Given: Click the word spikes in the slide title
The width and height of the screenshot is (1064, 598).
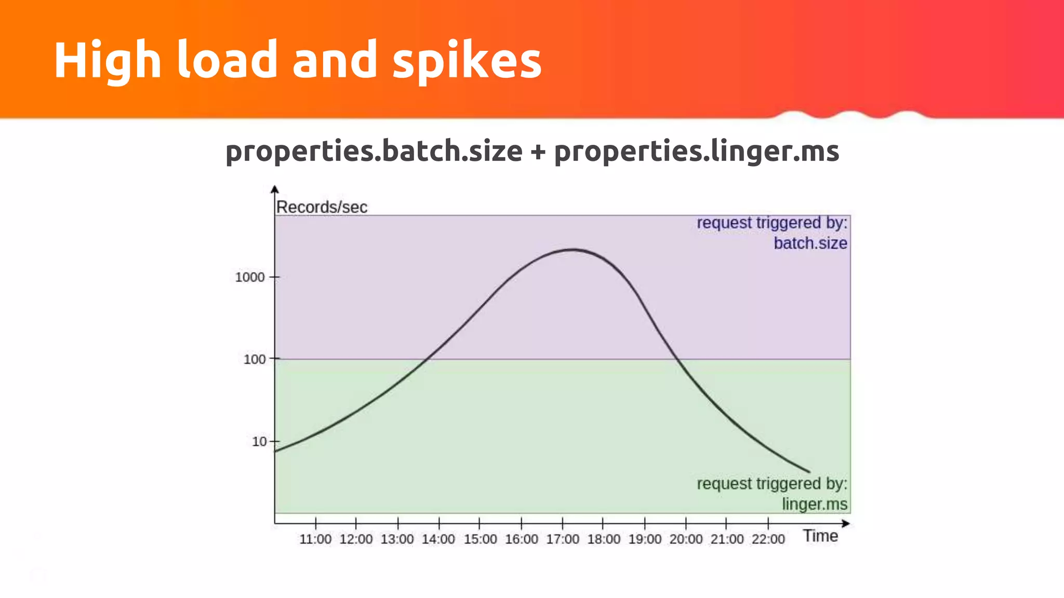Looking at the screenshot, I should (x=467, y=61).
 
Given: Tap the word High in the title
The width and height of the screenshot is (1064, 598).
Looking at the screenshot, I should (x=108, y=61).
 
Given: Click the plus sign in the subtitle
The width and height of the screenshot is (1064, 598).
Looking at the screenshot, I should (x=538, y=152).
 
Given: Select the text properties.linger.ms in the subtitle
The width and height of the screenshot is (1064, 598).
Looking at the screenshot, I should (x=696, y=152).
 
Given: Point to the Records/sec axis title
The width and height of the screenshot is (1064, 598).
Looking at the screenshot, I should (x=322, y=207).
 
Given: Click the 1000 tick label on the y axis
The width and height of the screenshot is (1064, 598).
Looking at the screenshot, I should (x=250, y=277).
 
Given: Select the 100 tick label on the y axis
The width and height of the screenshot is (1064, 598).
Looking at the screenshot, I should (x=255, y=359).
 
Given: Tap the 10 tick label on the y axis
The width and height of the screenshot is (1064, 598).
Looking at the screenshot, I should (x=259, y=442).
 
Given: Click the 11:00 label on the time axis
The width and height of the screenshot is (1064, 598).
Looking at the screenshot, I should (x=315, y=539).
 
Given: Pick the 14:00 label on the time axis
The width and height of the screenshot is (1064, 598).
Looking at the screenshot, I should (x=438, y=539).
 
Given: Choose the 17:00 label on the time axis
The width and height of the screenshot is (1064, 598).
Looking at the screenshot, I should (x=562, y=539).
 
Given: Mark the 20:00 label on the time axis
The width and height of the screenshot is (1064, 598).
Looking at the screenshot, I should (x=686, y=539).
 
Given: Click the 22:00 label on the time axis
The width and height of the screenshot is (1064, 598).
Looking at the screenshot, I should (x=768, y=539).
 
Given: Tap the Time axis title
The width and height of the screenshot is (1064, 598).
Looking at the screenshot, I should (x=820, y=536).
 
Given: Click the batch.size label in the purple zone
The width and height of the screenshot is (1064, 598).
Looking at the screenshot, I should (x=810, y=243).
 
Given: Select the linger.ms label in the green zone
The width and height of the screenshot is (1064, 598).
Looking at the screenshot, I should (x=814, y=504).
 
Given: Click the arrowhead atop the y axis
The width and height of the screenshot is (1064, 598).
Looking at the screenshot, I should (x=275, y=189).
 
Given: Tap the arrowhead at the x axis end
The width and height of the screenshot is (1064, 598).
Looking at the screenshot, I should (x=846, y=524).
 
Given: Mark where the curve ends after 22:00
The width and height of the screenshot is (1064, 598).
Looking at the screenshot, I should (x=808, y=471).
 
